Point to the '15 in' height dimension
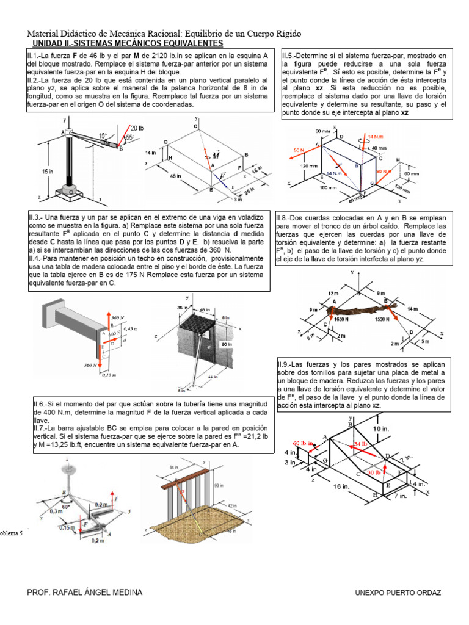click(48, 172)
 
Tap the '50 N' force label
click(299, 150)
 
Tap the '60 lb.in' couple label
click(303, 443)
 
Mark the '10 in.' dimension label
click(382, 429)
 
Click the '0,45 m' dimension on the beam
click(131, 329)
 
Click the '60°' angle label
click(65, 506)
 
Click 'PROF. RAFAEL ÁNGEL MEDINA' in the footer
click(85, 593)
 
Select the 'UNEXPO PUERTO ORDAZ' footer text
click(398, 593)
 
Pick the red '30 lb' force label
click(374, 472)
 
